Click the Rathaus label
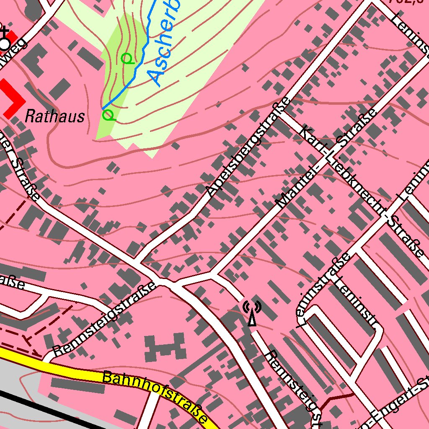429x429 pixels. click(54, 116)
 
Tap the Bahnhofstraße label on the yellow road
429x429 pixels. click(155, 396)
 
